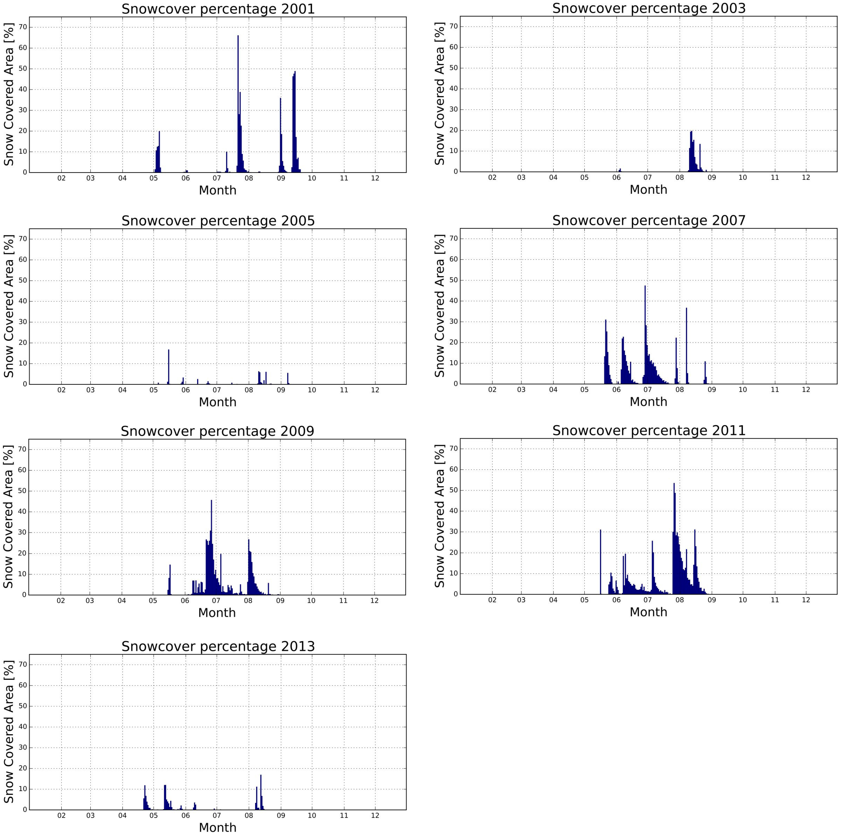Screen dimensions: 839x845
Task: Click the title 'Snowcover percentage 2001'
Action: pos(218,9)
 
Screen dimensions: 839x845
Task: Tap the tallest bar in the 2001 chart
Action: pos(238,105)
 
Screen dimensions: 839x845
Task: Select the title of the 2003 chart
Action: pos(649,8)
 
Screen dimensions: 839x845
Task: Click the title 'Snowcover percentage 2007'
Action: pos(649,220)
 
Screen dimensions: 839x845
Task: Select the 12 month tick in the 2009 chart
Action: pos(374,601)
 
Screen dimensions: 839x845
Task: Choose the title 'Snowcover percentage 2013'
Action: pos(218,646)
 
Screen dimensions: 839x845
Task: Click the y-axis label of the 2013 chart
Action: pos(9,732)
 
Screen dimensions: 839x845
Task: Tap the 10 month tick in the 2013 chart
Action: pos(312,816)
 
